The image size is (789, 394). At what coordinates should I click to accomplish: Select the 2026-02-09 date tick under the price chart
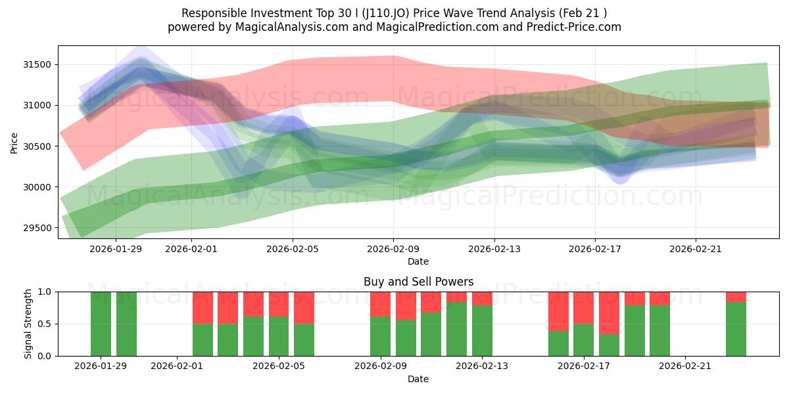(x=393, y=249)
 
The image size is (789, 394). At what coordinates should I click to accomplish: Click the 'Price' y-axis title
(x=14, y=142)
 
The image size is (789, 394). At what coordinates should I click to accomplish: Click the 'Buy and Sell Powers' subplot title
(x=418, y=282)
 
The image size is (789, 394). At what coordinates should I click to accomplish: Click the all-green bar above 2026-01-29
(x=101, y=324)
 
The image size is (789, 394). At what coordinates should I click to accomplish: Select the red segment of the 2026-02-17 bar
(x=583, y=307)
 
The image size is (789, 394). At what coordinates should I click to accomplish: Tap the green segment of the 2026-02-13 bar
(x=482, y=330)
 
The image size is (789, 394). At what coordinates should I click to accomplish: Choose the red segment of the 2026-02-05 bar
(x=279, y=304)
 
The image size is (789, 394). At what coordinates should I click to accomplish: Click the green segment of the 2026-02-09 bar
(x=380, y=336)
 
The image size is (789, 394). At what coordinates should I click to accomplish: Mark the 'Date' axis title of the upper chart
(x=418, y=261)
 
